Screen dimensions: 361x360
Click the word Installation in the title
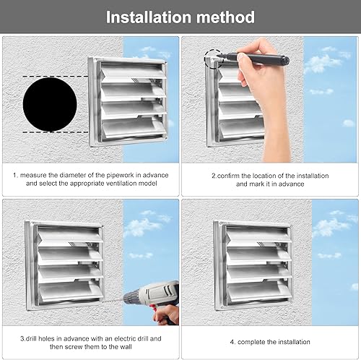[149, 17]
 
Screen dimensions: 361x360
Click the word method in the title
[226, 17]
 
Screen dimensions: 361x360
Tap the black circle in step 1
[50, 104]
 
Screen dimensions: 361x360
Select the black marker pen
[255, 59]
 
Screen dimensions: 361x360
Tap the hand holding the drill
[167, 314]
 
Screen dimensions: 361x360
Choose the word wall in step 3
[126, 347]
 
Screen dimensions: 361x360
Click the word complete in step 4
[251, 342]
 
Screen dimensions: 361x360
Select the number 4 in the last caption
[232, 342]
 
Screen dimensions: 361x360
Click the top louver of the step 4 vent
[258, 235]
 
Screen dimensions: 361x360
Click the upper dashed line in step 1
[56, 77]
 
